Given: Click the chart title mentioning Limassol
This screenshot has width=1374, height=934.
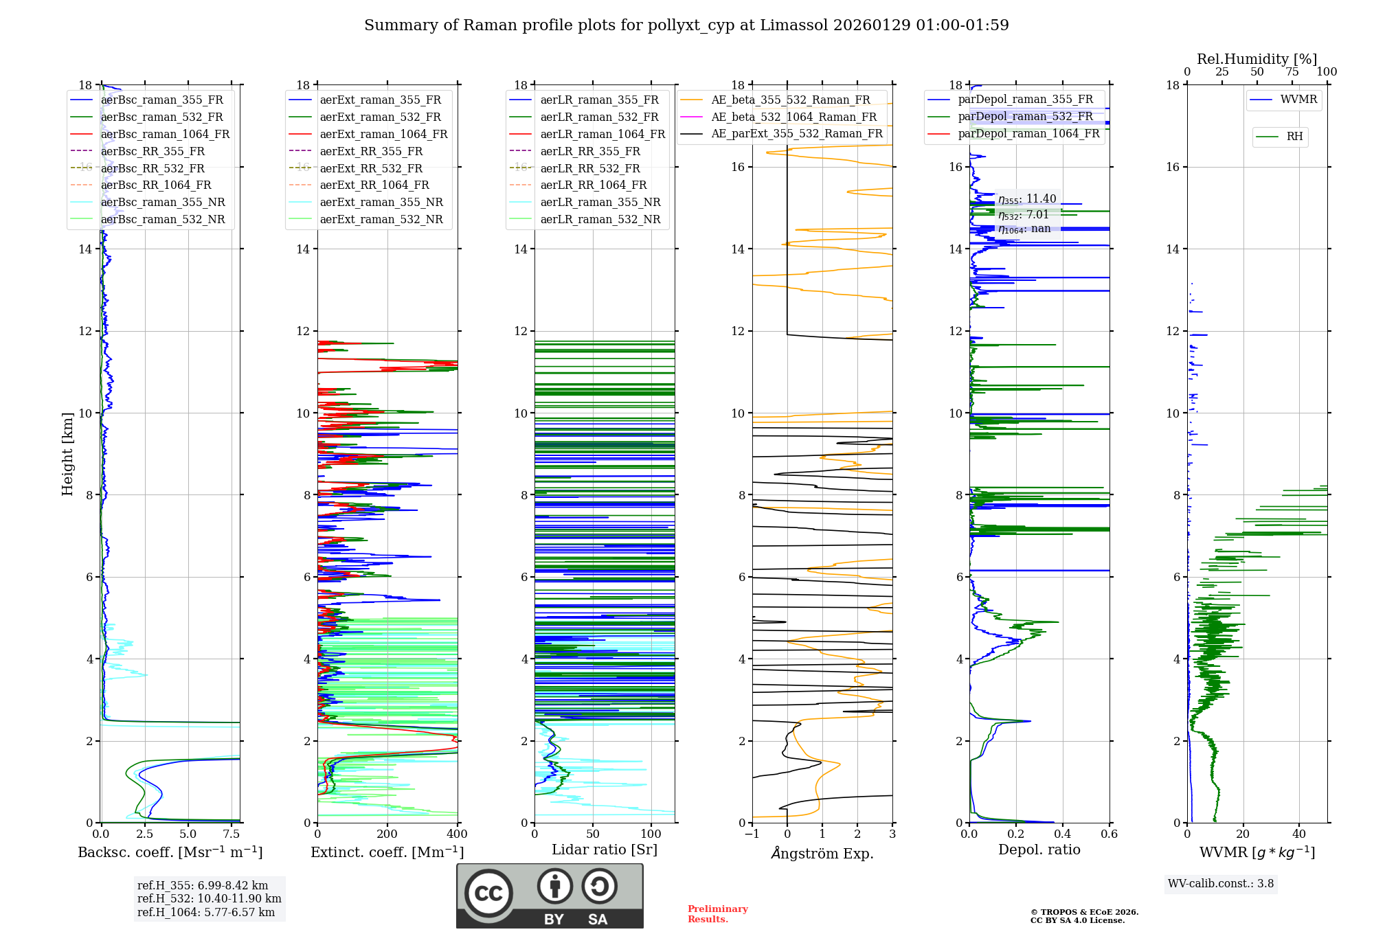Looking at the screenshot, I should (686, 25).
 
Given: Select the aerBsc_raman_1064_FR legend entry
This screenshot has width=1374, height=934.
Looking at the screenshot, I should (165, 134).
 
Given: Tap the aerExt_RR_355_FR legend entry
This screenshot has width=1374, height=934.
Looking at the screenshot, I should (371, 151).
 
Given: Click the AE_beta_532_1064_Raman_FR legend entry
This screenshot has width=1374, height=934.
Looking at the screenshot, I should (793, 117).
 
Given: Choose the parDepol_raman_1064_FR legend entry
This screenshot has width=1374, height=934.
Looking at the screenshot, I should (1028, 133).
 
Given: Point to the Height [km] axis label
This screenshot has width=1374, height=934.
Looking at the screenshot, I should (67, 453).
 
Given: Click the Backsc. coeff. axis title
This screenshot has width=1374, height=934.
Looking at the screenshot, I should (170, 852).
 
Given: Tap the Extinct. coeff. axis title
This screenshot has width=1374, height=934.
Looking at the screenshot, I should (387, 852).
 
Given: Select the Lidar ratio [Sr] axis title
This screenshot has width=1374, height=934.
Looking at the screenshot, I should (604, 850).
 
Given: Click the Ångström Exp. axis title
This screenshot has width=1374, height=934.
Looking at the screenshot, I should (822, 854).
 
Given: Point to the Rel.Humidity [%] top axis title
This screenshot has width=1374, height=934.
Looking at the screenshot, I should (1257, 59).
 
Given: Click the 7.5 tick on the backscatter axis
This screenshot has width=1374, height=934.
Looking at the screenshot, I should (232, 834).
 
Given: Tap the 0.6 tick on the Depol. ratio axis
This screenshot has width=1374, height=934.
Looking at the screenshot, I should (1109, 834).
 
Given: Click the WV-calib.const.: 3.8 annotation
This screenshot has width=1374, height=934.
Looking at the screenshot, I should (1220, 884).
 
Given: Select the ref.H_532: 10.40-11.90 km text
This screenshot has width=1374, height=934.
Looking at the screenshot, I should (209, 898).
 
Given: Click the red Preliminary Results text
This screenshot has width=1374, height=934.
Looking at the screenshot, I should (717, 914).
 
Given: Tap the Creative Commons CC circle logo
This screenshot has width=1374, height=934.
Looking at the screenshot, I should (488, 893).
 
